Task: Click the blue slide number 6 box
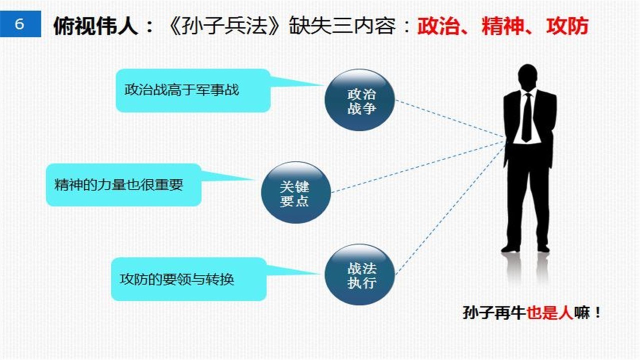click(x=20, y=24)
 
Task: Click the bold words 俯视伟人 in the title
click(x=95, y=25)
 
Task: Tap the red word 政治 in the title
click(x=437, y=25)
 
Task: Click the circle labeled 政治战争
click(x=360, y=100)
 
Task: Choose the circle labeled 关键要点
click(x=296, y=193)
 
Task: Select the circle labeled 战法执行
click(x=360, y=275)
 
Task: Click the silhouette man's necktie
click(x=526, y=117)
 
